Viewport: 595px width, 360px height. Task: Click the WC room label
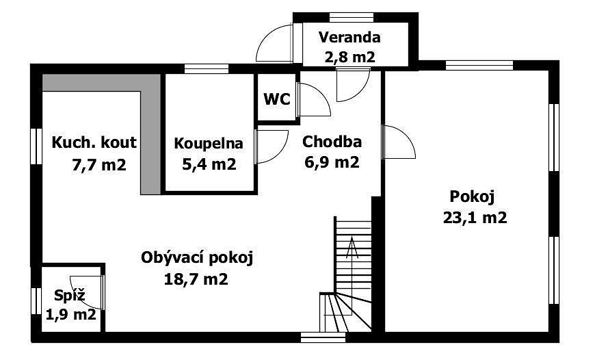pyautogui.click(x=277, y=99)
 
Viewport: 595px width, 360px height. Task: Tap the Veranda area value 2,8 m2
pyautogui.click(x=350, y=57)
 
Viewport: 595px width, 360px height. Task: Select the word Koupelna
pyautogui.click(x=209, y=144)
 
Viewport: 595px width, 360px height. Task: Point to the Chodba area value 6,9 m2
pyautogui.click(x=332, y=162)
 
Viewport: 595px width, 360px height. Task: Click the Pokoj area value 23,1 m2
pyautogui.click(x=475, y=218)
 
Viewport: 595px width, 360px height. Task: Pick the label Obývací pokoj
pyautogui.click(x=196, y=258)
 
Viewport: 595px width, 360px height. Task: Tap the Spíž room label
pyautogui.click(x=70, y=295)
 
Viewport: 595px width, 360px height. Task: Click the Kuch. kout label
pyautogui.click(x=94, y=142)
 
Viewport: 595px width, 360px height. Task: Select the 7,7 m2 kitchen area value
pyautogui.click(x=99, y=165)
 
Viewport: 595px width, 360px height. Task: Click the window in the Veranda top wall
pyautogui.click(x=352, y=17)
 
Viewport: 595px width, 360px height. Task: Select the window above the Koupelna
pyautogui.click(x=207, y=68)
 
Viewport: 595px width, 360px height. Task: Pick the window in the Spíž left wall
pyautogui.click(x=36, y=300)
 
